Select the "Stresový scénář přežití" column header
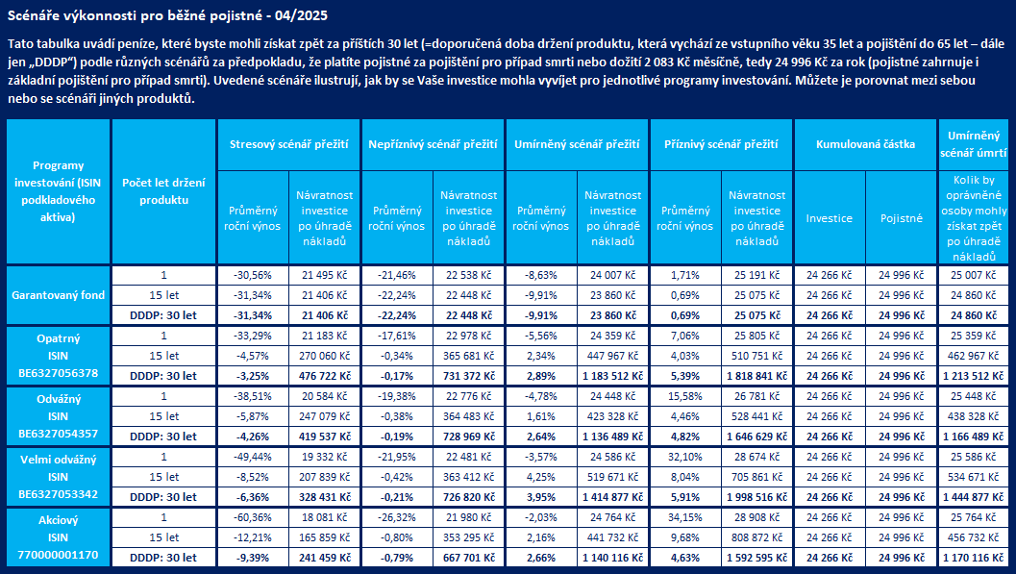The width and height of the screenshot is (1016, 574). point(289,144)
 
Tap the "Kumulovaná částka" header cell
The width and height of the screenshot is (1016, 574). point(865,144)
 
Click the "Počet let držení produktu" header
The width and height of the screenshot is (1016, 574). point(164,191)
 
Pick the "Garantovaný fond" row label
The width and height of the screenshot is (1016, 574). point(59,295)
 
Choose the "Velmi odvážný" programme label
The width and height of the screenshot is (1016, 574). point(59,460)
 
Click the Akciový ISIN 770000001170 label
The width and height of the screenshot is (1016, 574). point(59,537)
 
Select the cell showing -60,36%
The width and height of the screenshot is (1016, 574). point(253,517)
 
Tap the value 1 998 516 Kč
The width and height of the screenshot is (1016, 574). point(756,497)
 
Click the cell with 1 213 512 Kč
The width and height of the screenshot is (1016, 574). point(974,376)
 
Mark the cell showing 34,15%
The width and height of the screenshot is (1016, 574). point(685,517)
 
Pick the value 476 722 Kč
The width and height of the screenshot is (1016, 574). point(325,376)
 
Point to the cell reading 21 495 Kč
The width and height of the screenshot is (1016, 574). point(325,275)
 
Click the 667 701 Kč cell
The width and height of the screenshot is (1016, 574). point(468,558)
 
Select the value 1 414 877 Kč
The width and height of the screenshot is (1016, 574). point(613,497)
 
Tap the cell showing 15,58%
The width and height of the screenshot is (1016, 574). point(685,396)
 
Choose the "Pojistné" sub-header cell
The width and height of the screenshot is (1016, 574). point(902,218)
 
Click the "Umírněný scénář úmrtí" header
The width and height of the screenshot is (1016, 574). point(974,144)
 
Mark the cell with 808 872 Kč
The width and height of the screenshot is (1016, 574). point(756,537)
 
